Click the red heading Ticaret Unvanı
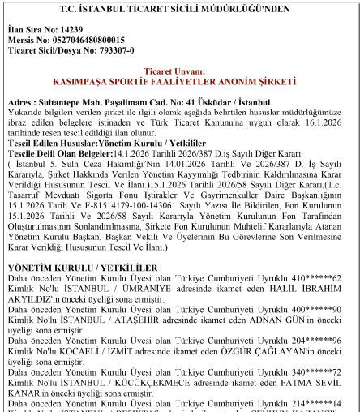178,71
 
